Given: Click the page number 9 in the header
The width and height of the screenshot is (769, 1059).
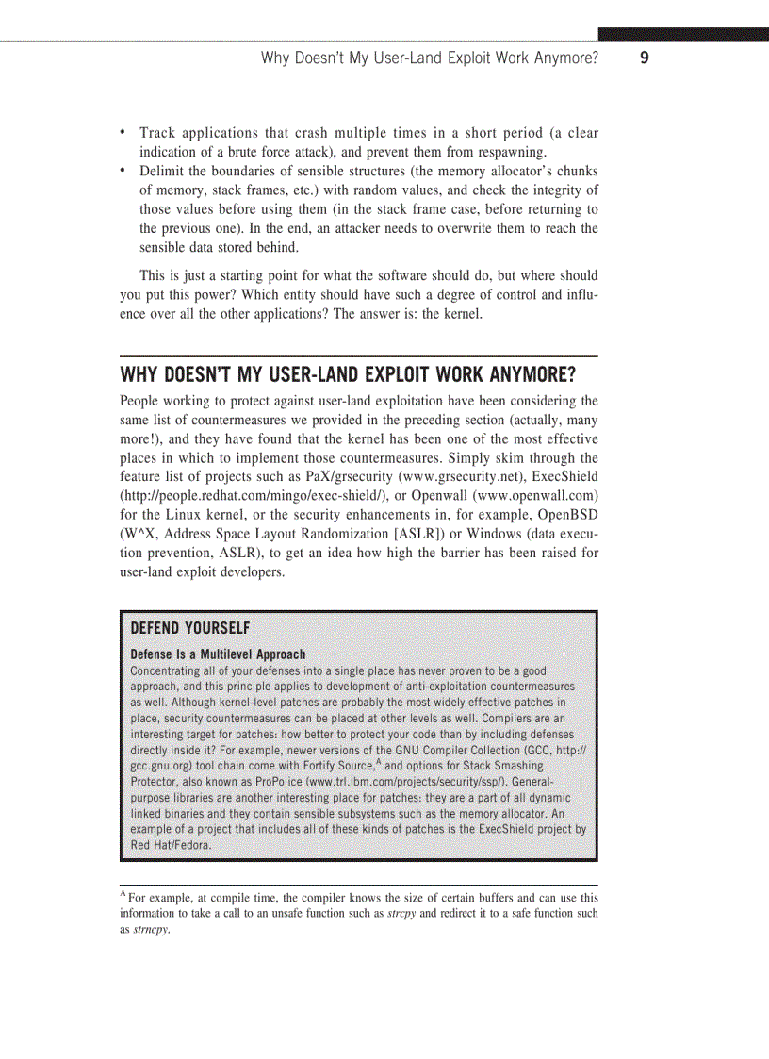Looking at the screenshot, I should click(644, 58).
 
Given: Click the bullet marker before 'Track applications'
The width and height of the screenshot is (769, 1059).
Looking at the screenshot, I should click(123, 133).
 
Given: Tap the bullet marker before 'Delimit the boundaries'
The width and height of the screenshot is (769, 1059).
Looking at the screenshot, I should click(123, 171).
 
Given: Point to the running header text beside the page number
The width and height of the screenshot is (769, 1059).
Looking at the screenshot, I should click(430, 58).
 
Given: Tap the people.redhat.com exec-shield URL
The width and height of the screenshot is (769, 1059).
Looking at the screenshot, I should click(247, 495).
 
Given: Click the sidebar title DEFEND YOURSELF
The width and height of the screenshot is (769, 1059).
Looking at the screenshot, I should click(189, 629).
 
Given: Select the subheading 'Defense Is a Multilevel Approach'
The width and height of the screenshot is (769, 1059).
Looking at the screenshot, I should click(218, 654).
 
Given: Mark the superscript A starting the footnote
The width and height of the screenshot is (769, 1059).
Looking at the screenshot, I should click(123, 895).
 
